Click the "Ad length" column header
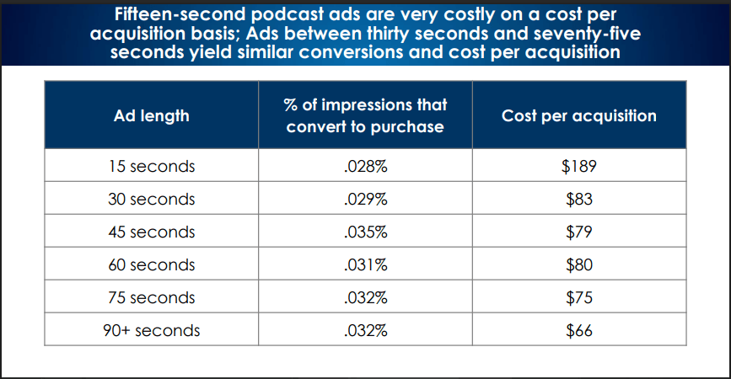click(x=152, y=116)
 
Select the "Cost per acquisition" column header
click(x=579, y=116)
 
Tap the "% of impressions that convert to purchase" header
click(x=366, y=115)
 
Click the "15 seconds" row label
click(x=152, y=166)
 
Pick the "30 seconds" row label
click(x=152, y=200)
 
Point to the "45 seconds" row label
click(x=152, y=232)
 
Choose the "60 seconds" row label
click(x=152, y=265)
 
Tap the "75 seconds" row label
click(x=152, y=297)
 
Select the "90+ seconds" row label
click(x=152, y=331)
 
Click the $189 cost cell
click(x=579, y=166)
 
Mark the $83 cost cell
click(x=579, y=200)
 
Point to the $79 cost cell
click(x=579, y=232)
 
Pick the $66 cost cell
click(x=579, y=331)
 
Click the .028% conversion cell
click(x=366, y=166)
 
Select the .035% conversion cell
click(x=366, y=232)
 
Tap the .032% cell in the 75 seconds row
click(x=366, y=297)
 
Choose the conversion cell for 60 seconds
click(x=366, y=265)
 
